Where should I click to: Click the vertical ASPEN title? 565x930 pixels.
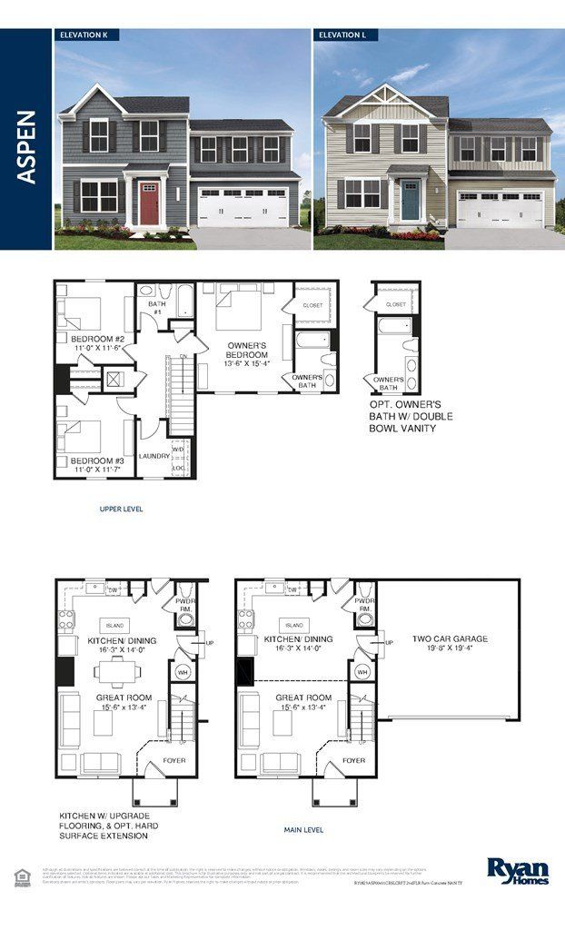coord(26,147)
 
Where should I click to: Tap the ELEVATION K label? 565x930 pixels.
coord(85,35)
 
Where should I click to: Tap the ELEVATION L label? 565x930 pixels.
coord(344,35)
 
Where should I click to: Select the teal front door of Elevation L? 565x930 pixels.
coord(410,199)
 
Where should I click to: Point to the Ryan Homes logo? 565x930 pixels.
coord(518,870)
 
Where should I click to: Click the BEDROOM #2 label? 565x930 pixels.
coord(97,340)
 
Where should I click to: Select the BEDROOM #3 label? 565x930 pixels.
coord(97,460)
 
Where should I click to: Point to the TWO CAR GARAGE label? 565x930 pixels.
coord(451,638)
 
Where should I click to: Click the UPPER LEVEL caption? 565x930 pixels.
coord(121,510)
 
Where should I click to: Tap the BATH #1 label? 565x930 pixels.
coord(156,308)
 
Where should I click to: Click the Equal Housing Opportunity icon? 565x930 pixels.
coord(20,875)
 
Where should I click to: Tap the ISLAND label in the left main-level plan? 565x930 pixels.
coord(116,625)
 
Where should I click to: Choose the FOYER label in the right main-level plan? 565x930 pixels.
coord(354,760)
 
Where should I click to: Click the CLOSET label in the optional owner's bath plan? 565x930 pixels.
coord(396,304)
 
